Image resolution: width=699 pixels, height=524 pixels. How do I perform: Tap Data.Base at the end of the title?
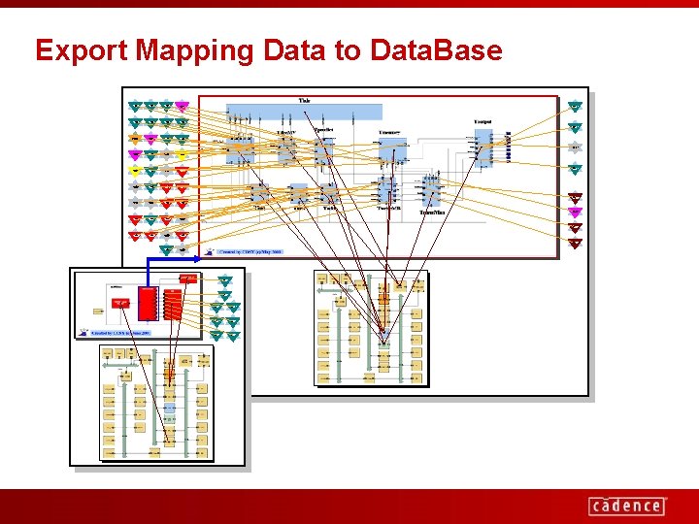pyautogui.click(x=436, y=50)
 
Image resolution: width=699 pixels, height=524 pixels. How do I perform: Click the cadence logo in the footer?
pyautogui.click(x=627, y=506)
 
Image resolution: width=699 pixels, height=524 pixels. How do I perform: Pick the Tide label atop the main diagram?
pyautogui.click(x=304, y=100)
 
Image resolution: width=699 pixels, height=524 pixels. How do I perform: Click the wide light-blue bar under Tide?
pyautogui.click(x=304, y=111)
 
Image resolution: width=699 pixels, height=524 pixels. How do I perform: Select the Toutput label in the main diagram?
pyautogui.click(x=483, y=121)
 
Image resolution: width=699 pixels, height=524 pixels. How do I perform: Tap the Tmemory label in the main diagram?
pyautogui.click(x=391, y=131)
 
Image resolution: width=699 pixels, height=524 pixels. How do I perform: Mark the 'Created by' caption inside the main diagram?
pyautogui.click(x=250, y=249)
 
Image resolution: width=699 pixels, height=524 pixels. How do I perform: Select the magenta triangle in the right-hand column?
pyautogui.click(x=575, y=212)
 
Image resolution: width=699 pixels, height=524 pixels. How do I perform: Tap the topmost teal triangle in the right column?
pyautogui.click(x=575, y=106)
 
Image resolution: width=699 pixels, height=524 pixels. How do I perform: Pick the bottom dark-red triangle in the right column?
pyautogui.click(x=575, y=242)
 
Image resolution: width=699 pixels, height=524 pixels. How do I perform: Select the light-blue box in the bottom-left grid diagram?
pyautogui.click(x=168, y=411)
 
